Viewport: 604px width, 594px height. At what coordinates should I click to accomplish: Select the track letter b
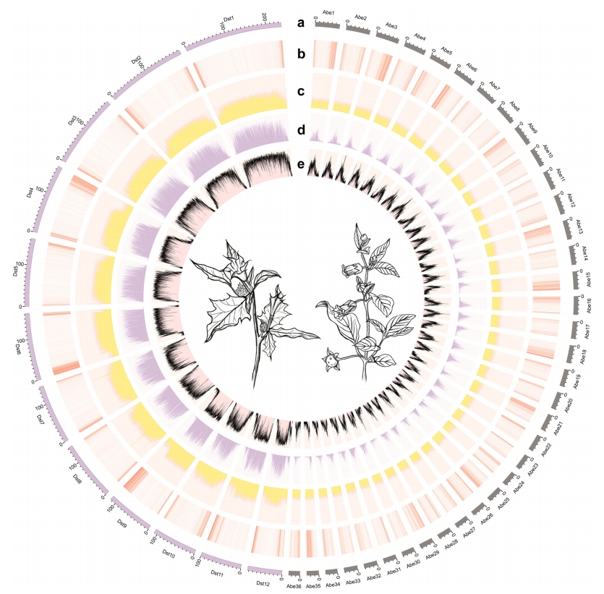pyautogui.click(x=302, y=54)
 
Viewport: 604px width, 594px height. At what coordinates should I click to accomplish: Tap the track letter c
pyautogui.click(x=302, y=92)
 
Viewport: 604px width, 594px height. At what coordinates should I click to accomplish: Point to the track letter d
pyautogui.click(x=302, y=131)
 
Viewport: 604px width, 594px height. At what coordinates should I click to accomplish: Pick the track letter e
pyautogui.click(x=302, y=164)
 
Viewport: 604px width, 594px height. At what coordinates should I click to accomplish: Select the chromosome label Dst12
pyautogui.click(x=263, y=583)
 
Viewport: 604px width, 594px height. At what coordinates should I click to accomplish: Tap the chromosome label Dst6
pyautogui.click(x=16, y=349)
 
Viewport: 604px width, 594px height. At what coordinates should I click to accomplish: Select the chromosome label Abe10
pyautogui.click(x=547, y=150)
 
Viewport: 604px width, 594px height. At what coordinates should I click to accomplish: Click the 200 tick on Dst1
pyautogui.click(x=265, y=17)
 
